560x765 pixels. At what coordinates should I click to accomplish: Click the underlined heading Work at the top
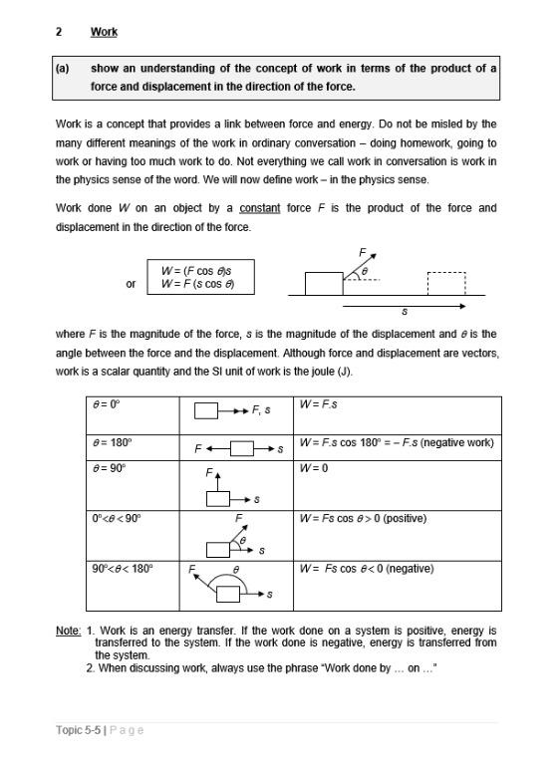point(104,32)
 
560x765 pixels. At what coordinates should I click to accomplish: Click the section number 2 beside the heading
point(60,32)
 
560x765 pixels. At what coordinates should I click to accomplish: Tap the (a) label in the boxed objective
point(63,69)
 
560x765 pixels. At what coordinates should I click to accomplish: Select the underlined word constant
point(259,208)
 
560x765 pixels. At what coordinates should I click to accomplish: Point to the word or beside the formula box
point(131,284)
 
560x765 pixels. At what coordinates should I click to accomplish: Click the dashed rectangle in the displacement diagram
point(446,283)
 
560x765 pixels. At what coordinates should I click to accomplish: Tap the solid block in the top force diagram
point(323,283)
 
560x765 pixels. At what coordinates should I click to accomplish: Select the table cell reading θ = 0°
point(106,405)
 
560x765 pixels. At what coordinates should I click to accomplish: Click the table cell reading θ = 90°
point(109,468)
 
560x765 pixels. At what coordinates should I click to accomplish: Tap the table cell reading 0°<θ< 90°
point(117,518)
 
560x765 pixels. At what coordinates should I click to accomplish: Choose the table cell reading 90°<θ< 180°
point(122,569)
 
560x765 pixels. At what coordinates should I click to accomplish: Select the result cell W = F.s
point(318,405)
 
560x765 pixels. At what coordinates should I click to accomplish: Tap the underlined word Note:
point(68,631)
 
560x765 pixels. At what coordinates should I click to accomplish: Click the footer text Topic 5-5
point(79,730)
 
